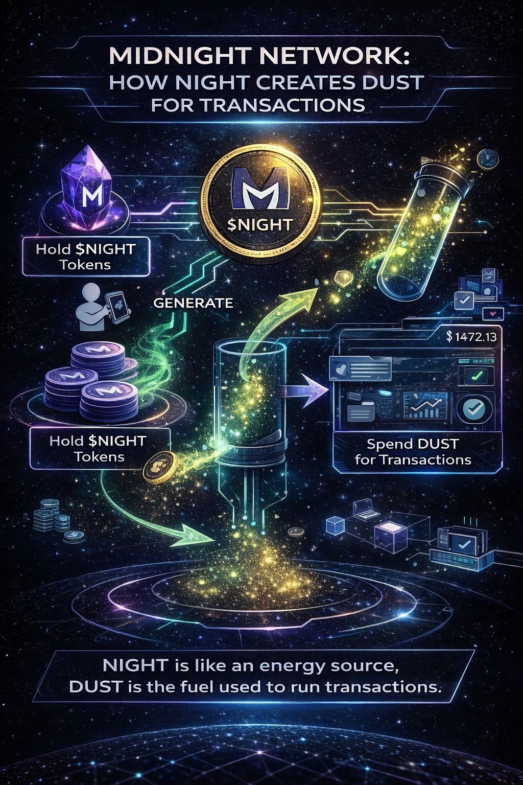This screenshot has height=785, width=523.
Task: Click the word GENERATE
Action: [193, 303]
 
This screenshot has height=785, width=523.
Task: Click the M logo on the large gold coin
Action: [260, 191]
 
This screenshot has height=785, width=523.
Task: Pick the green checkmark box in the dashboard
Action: [474, 377]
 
